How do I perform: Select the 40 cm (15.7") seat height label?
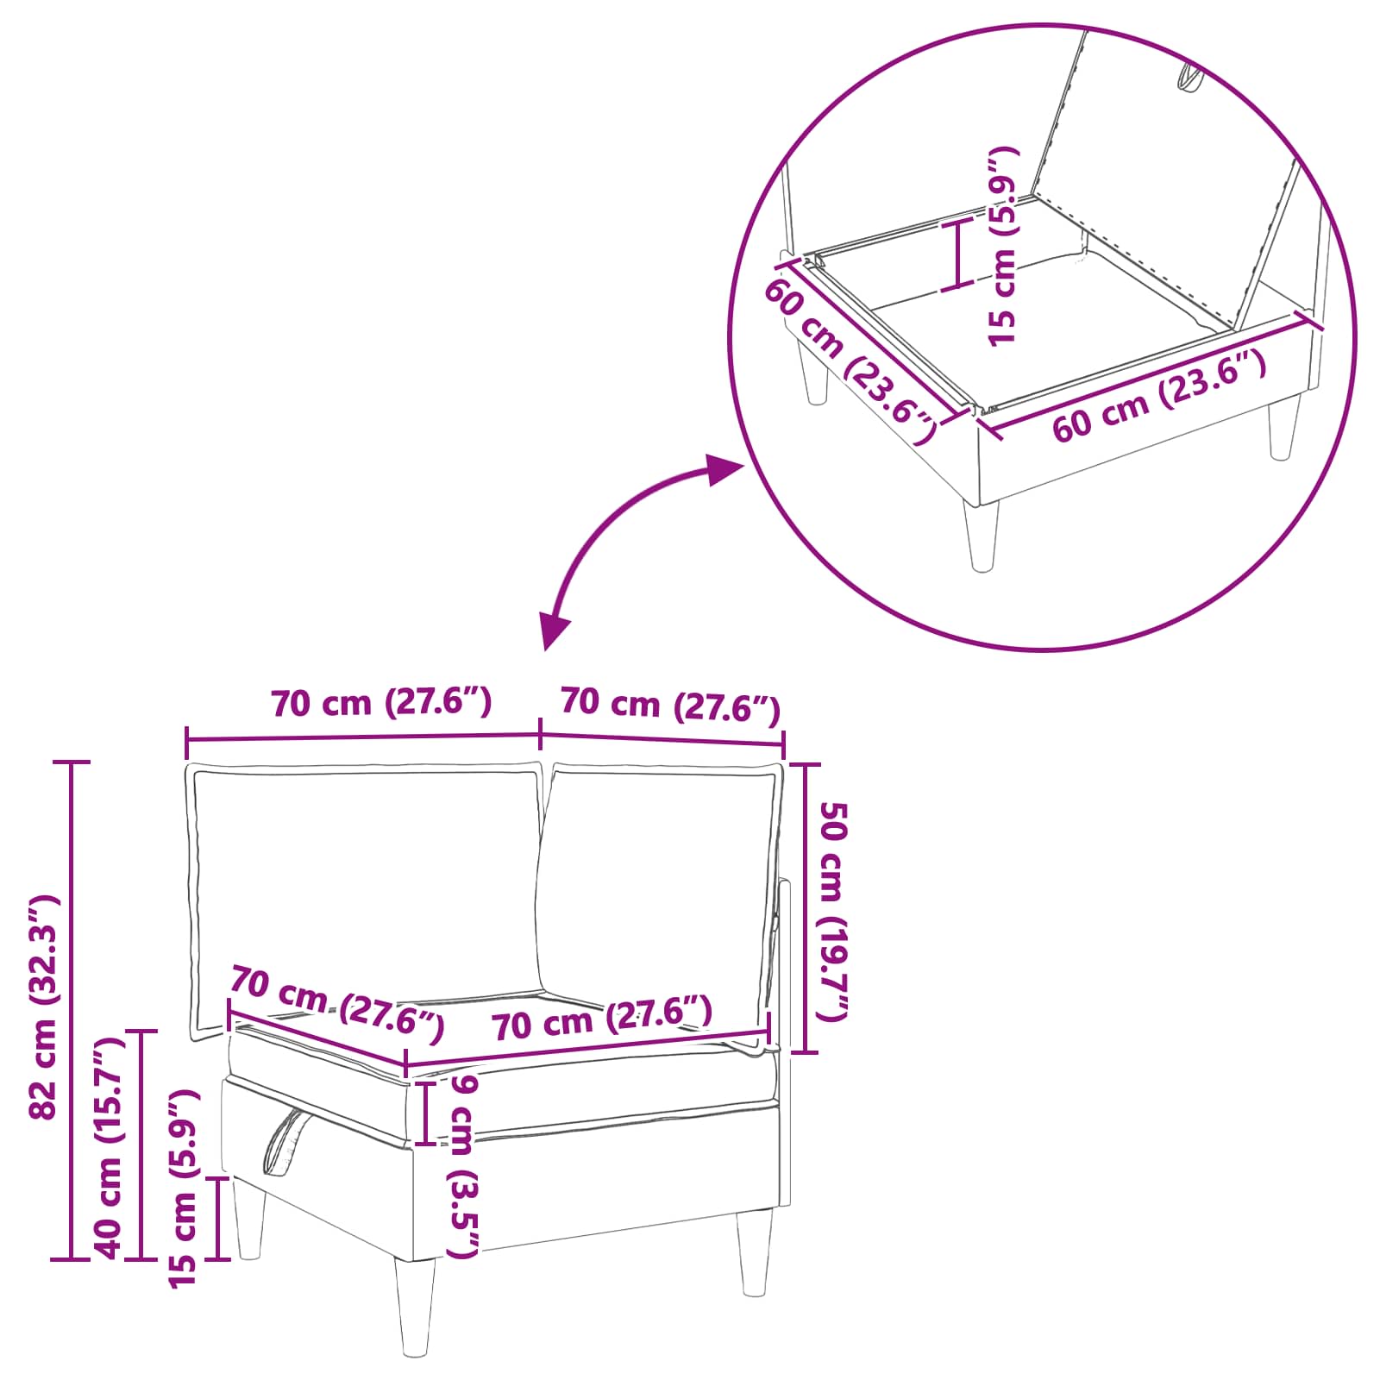pyautogui.click(x=109, y=1147)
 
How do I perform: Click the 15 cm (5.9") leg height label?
pyautogui.click(x=183, y=1189)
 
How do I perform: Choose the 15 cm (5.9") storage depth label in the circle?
pyautogui.click(x=1003, y=247)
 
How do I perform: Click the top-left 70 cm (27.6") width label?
pyautogui.click(x=381, y=703)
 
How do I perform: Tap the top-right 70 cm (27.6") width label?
pyautogui.click(x=670, y=705)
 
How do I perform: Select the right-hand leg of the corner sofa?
pyautogui.click(x=755, y=1251)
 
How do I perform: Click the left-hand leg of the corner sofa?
pyautogui.click(x=249, y=1220)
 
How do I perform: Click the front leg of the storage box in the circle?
pyautogui.click(x=982, y=535)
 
